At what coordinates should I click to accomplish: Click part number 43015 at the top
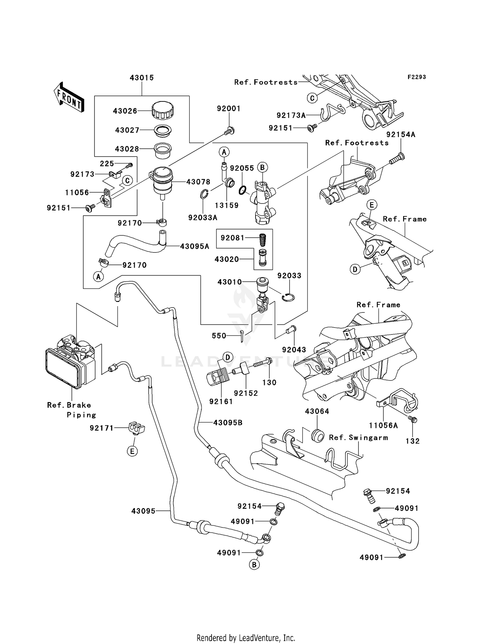(142, 78)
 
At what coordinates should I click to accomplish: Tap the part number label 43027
(127, 130)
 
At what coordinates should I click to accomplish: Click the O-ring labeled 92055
(242, 190)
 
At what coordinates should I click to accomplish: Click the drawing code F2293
(417, 77)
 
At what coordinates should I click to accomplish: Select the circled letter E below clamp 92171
(132, 451)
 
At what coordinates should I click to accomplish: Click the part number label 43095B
(228, 423)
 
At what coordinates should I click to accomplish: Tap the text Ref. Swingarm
(358, 438)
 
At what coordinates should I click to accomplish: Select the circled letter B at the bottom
(254, 565)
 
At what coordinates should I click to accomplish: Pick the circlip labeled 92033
(289, 297)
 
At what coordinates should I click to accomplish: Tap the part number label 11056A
(383, 426)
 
